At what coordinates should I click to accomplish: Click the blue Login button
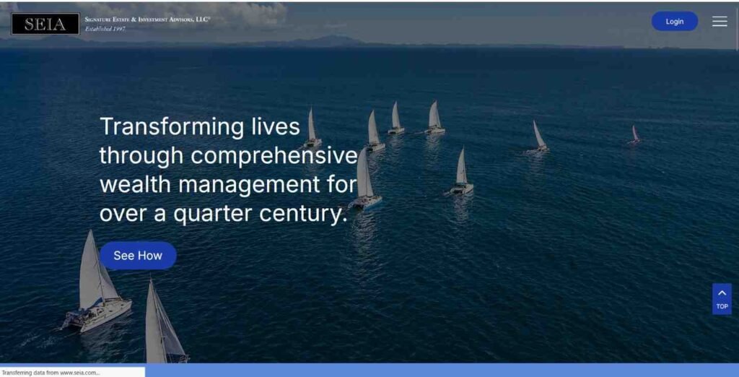[675, 21]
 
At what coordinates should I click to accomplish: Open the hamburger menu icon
[720, 21]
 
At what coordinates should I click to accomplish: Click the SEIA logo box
[45, 24]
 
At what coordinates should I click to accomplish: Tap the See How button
[138, 255]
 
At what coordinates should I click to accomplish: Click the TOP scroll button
[722, 299]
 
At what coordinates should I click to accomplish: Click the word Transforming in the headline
[172, 127]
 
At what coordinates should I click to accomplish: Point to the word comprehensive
[274, 156]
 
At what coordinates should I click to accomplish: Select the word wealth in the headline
[135, 184]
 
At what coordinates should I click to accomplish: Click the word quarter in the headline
[213, 214]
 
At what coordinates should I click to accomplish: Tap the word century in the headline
[303, 214]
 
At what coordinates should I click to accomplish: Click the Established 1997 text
[105, 29]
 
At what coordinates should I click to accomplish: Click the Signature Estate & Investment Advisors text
[147, 19]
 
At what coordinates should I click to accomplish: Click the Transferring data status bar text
[51, 373]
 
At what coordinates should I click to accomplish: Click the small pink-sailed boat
[634, 134]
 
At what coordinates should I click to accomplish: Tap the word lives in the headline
[276, 126]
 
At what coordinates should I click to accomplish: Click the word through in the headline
[141, 156]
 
